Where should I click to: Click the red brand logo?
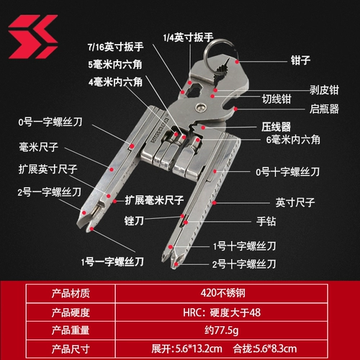coord(32,37)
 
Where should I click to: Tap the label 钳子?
coord(300,60)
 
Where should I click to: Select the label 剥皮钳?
coord(324,90)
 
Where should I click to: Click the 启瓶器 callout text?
coord(324,109)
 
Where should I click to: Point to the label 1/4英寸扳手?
coord(188,37)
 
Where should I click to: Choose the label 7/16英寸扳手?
coord(115,47)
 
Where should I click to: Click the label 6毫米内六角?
coord(293,140)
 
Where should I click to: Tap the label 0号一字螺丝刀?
coord(50,122)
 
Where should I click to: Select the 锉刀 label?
coord(134,220)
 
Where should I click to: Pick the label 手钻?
coord(266,221)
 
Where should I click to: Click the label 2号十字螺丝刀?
coord(244,264)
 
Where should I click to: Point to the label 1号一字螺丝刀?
coord(112,261)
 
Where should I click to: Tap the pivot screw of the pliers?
coord(201,107)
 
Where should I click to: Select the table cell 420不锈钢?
coord(223,293)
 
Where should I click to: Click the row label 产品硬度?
coord(71,312)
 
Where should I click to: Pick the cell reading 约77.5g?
coord(222,330)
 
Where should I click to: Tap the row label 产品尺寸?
coord(71,348)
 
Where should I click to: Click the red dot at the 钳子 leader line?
coord(237,62)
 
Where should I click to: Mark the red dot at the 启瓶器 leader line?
coord(235,109)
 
